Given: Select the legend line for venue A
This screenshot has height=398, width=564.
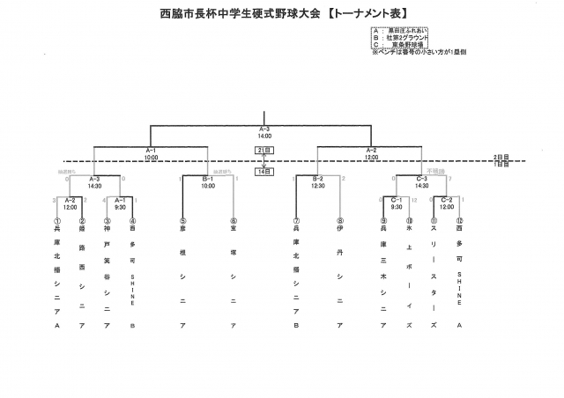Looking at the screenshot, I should click(x=401, y=31).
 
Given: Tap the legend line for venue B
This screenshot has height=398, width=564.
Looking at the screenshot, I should click(x=401, y=38).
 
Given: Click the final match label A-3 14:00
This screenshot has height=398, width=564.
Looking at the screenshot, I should click(x=264, y=133).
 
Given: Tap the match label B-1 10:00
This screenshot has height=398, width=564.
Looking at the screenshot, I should click(x=208, y=183).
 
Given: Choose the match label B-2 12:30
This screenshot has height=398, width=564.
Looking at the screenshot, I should click(x=318, y=183).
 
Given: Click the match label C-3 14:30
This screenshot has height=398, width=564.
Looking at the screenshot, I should click(x=421, y=183).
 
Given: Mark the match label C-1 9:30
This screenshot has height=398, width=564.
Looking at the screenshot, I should click(x=397, y=203).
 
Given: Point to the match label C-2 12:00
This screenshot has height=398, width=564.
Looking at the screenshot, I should click(x=446, y=203).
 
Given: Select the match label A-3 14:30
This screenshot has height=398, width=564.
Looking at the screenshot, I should click(x=95, y=183).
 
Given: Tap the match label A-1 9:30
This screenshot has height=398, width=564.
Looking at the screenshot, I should click(x=121, y=203).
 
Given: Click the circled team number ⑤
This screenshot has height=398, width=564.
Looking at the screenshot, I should click(x=182, y=221).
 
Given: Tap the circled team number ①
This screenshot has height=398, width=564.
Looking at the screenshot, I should click(x=57, y=221).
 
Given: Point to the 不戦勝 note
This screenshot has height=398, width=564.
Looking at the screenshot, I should click(x=434, y=171).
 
